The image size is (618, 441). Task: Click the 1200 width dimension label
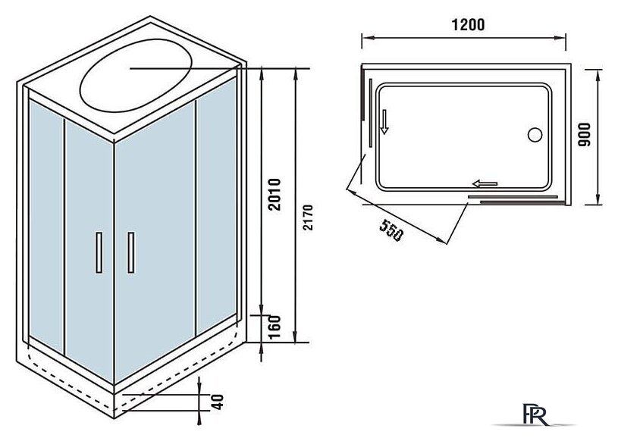tap(468, 24)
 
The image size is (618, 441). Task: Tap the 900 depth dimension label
tap(584, 135)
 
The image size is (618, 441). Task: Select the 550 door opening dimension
tap(391, 230)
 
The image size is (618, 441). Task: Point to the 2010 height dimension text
tap(274, 195)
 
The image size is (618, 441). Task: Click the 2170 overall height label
tap(308, 217)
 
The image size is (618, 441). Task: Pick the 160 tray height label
tap(274, 327)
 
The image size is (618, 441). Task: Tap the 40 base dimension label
tap(217, 402)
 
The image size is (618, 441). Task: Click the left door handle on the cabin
tap(99, 252)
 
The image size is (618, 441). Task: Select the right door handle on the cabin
tap(131, 252)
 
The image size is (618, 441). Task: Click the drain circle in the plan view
tap(535, 135)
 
